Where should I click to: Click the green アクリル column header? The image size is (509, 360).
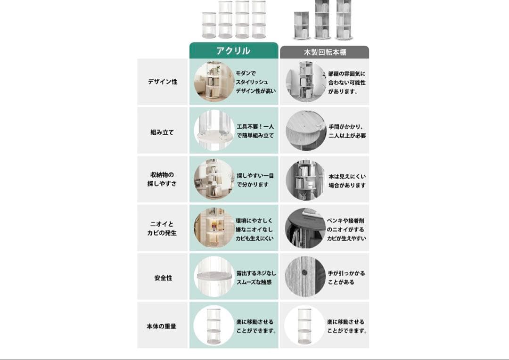click(233, 51)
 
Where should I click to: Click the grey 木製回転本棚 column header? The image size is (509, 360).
click(324, 52)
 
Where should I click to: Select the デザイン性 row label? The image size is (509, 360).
click(163, 82)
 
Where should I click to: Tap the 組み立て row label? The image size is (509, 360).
click(163, 132)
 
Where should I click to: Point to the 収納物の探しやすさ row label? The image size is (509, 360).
click(163, 180)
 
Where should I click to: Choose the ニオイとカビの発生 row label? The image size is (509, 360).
click(163, 229)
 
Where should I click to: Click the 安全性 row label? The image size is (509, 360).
click(163, 278)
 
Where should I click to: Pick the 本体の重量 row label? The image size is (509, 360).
click(163, 326)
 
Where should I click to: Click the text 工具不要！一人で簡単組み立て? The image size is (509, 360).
click(255, 131)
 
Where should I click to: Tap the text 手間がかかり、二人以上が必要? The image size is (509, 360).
click(347, 131)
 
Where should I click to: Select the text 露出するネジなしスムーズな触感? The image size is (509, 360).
click(256, 278)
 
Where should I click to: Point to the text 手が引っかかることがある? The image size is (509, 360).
click(346, 278)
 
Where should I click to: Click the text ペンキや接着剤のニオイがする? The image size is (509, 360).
click(346, 225)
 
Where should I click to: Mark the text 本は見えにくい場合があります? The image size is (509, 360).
click(347, 181)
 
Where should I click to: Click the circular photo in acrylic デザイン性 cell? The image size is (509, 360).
click(214, 82)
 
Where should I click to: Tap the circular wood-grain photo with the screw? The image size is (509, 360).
click(305, 277)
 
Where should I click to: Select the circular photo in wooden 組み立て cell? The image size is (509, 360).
click(305, 131)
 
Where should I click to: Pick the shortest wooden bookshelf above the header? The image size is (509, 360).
click(301, 25)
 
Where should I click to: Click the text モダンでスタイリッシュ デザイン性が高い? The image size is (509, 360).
click(255, 82)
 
